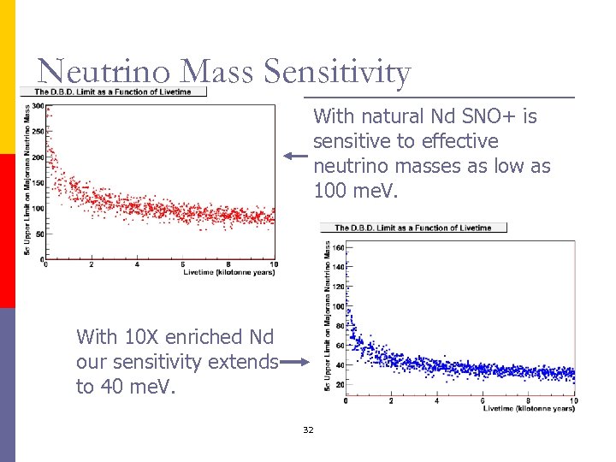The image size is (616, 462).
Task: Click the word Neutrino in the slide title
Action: (92, 72)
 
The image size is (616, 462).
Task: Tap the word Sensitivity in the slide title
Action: (338, 74)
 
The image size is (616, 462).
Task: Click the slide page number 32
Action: (308, 429)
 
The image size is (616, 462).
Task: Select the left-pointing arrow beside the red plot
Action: (295, 156)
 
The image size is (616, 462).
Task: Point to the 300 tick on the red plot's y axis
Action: (38, 106)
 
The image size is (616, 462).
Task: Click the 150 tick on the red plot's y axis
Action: (38, 182)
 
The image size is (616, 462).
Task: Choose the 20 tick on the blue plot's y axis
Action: (340, 384)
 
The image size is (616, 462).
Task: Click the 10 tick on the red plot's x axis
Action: (274, 264)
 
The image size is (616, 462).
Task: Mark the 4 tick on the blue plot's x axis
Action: (437, 400)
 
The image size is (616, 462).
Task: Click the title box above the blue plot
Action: (413, 228)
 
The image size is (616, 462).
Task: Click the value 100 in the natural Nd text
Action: (329, 190)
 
